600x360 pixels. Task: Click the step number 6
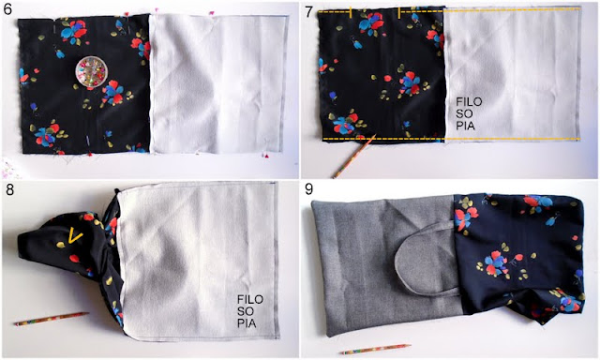click(8, 8)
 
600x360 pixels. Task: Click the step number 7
click(308, 12)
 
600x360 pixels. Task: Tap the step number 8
click(8, 189)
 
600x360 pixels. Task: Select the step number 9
click(309, 189)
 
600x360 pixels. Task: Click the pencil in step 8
click(52, 319)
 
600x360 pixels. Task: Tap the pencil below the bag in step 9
click(376, 349)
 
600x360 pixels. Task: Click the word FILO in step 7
click(469, 102)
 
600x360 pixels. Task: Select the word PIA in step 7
click(465, 126)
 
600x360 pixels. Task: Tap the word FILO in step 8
click(250, 299)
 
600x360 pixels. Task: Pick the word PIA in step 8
click(247, 323)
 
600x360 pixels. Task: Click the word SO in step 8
click(246, 311)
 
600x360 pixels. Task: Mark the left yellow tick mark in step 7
click(350, 12)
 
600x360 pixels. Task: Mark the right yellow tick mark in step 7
click(399, 12)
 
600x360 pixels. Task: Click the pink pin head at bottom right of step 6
click(265, 156)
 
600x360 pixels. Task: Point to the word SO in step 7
click(464, 113)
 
